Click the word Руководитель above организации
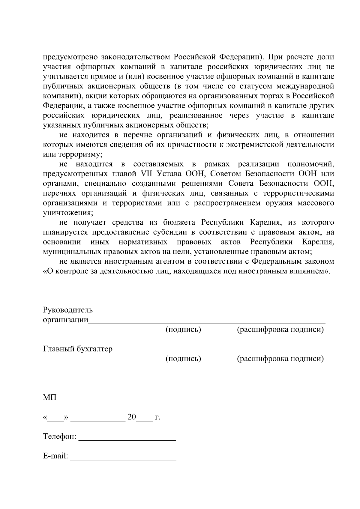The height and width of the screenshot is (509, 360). point(68,310)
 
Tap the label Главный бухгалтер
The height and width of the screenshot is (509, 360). point(78,349)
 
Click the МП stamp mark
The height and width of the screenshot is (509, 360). point(49,398)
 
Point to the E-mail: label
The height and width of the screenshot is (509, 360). point(56,456)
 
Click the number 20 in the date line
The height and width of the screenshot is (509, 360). point(132,417)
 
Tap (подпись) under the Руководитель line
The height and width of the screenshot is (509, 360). point(183,329)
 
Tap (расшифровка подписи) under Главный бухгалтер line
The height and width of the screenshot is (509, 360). point(280,358)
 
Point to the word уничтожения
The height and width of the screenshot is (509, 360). point(68,213)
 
